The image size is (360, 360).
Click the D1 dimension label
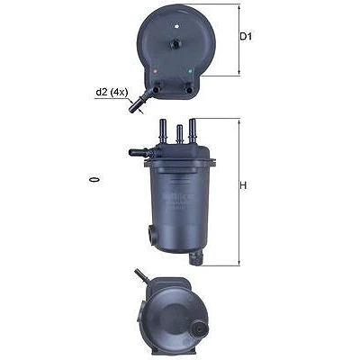pyautogui.click(x=246, y=37)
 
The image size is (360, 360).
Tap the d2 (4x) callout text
pyautogui.click(x=112, y=93)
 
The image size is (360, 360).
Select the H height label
pyautogui.click(x=243, y=185)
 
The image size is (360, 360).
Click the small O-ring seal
pyautogui.click(x=94, y=180)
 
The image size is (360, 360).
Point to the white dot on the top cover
pyautogui.click(x=176, y=26)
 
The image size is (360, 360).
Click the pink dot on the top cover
pyautogui.click(x=155, y=71)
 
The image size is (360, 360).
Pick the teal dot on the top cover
pyautogui.click(x=190, y=71)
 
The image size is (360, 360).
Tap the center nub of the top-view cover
pyautogui.click(x=175, y=44)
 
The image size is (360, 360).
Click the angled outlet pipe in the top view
pyautogui.click(x=139, y=102)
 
